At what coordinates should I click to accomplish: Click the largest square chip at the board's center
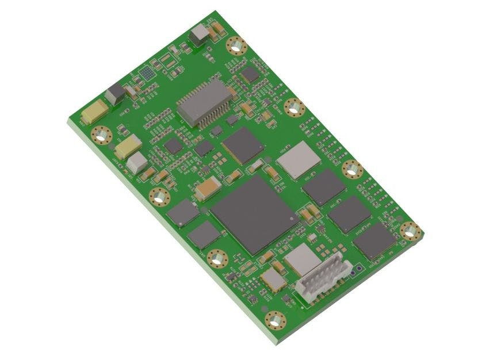pos(253,213)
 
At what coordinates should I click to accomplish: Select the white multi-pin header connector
pos(323,276)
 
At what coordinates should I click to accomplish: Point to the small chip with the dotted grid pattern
pos(147,73)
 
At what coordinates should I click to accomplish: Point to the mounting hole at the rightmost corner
pos(410,231)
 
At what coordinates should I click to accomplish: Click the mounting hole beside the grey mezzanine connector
pos(293,107)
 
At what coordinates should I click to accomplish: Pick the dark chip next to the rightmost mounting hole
pos(374,240)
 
